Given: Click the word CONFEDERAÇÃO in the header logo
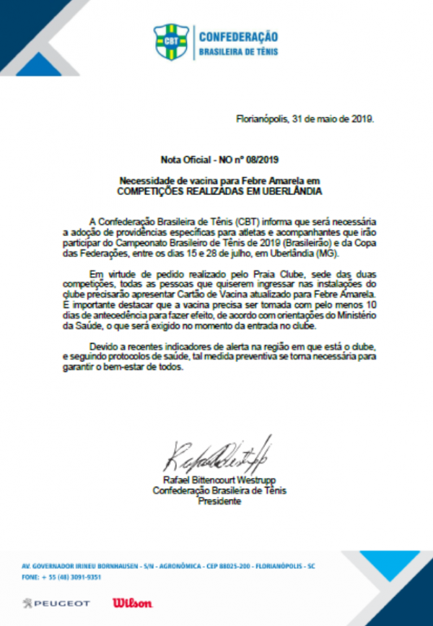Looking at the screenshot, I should click(238, 37).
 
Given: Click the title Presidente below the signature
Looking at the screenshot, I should click(219, 500).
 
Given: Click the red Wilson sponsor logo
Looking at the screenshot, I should click(132, 602).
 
